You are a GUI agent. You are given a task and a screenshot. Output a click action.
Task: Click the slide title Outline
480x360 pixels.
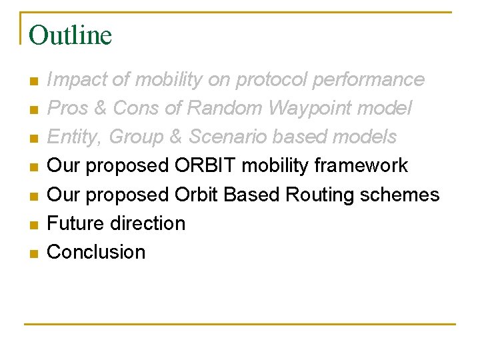70,35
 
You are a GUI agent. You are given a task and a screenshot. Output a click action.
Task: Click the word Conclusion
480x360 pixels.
96,252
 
